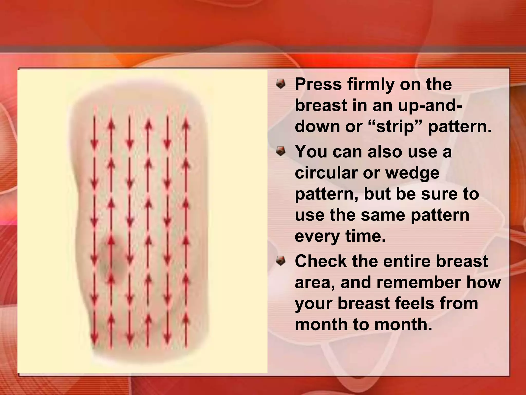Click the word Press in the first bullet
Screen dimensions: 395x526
point(318,84)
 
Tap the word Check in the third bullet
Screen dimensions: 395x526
point(321,261)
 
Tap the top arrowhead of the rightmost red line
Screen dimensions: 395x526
point(186,125)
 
